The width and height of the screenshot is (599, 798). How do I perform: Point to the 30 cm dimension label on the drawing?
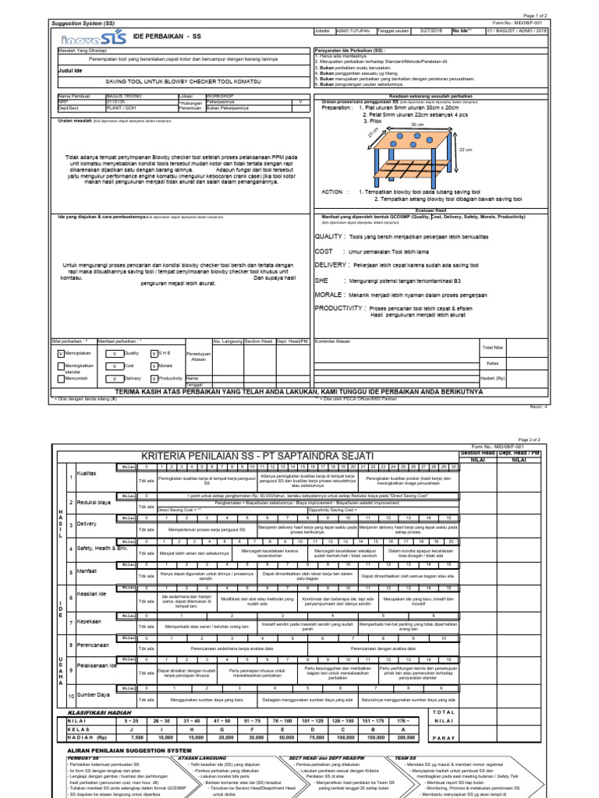pos(417,124)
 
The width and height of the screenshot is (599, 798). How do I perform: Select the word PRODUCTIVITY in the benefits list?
pos(340,309)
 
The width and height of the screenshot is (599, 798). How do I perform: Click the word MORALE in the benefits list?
pos(329,295)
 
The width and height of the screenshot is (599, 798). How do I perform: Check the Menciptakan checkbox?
pos(62,352)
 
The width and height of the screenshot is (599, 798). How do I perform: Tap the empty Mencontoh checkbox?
pos(62,378)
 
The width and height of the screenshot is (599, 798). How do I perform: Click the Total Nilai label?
pos(493,347)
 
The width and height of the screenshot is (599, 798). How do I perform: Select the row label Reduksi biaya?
pos(94,502)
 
